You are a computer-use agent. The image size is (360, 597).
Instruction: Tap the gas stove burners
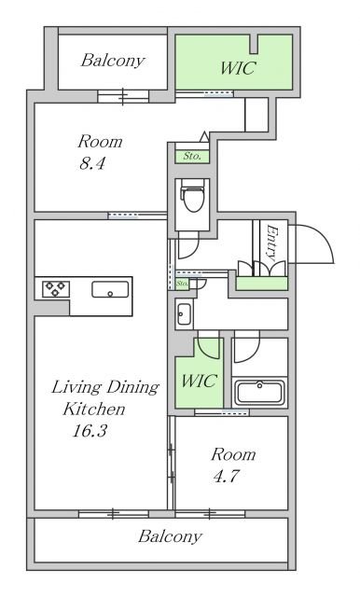56,288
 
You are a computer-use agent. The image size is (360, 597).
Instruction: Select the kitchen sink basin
110,289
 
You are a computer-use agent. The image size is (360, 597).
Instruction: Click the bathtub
259,392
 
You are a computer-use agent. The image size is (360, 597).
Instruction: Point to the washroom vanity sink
184,313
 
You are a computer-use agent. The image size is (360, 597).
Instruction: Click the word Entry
272,243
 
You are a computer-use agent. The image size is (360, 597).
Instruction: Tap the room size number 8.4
91,164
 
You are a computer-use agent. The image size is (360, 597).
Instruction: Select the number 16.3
90,431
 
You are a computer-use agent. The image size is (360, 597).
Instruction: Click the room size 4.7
226,477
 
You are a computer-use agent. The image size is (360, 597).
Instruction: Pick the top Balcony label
113,61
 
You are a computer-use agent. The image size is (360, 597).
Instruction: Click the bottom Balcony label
170,536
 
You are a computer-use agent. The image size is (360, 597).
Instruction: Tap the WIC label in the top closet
238,68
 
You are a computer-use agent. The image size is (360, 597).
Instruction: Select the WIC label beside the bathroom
199,381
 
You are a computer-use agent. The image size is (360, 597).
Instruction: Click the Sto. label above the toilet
192,156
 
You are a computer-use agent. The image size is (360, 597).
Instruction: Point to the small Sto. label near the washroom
182,284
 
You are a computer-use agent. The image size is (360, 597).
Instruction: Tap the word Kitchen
94,410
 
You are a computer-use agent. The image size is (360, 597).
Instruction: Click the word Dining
132,388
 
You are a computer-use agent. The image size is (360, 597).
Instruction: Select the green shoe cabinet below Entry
261,284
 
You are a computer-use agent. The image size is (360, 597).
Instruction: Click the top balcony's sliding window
123,97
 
